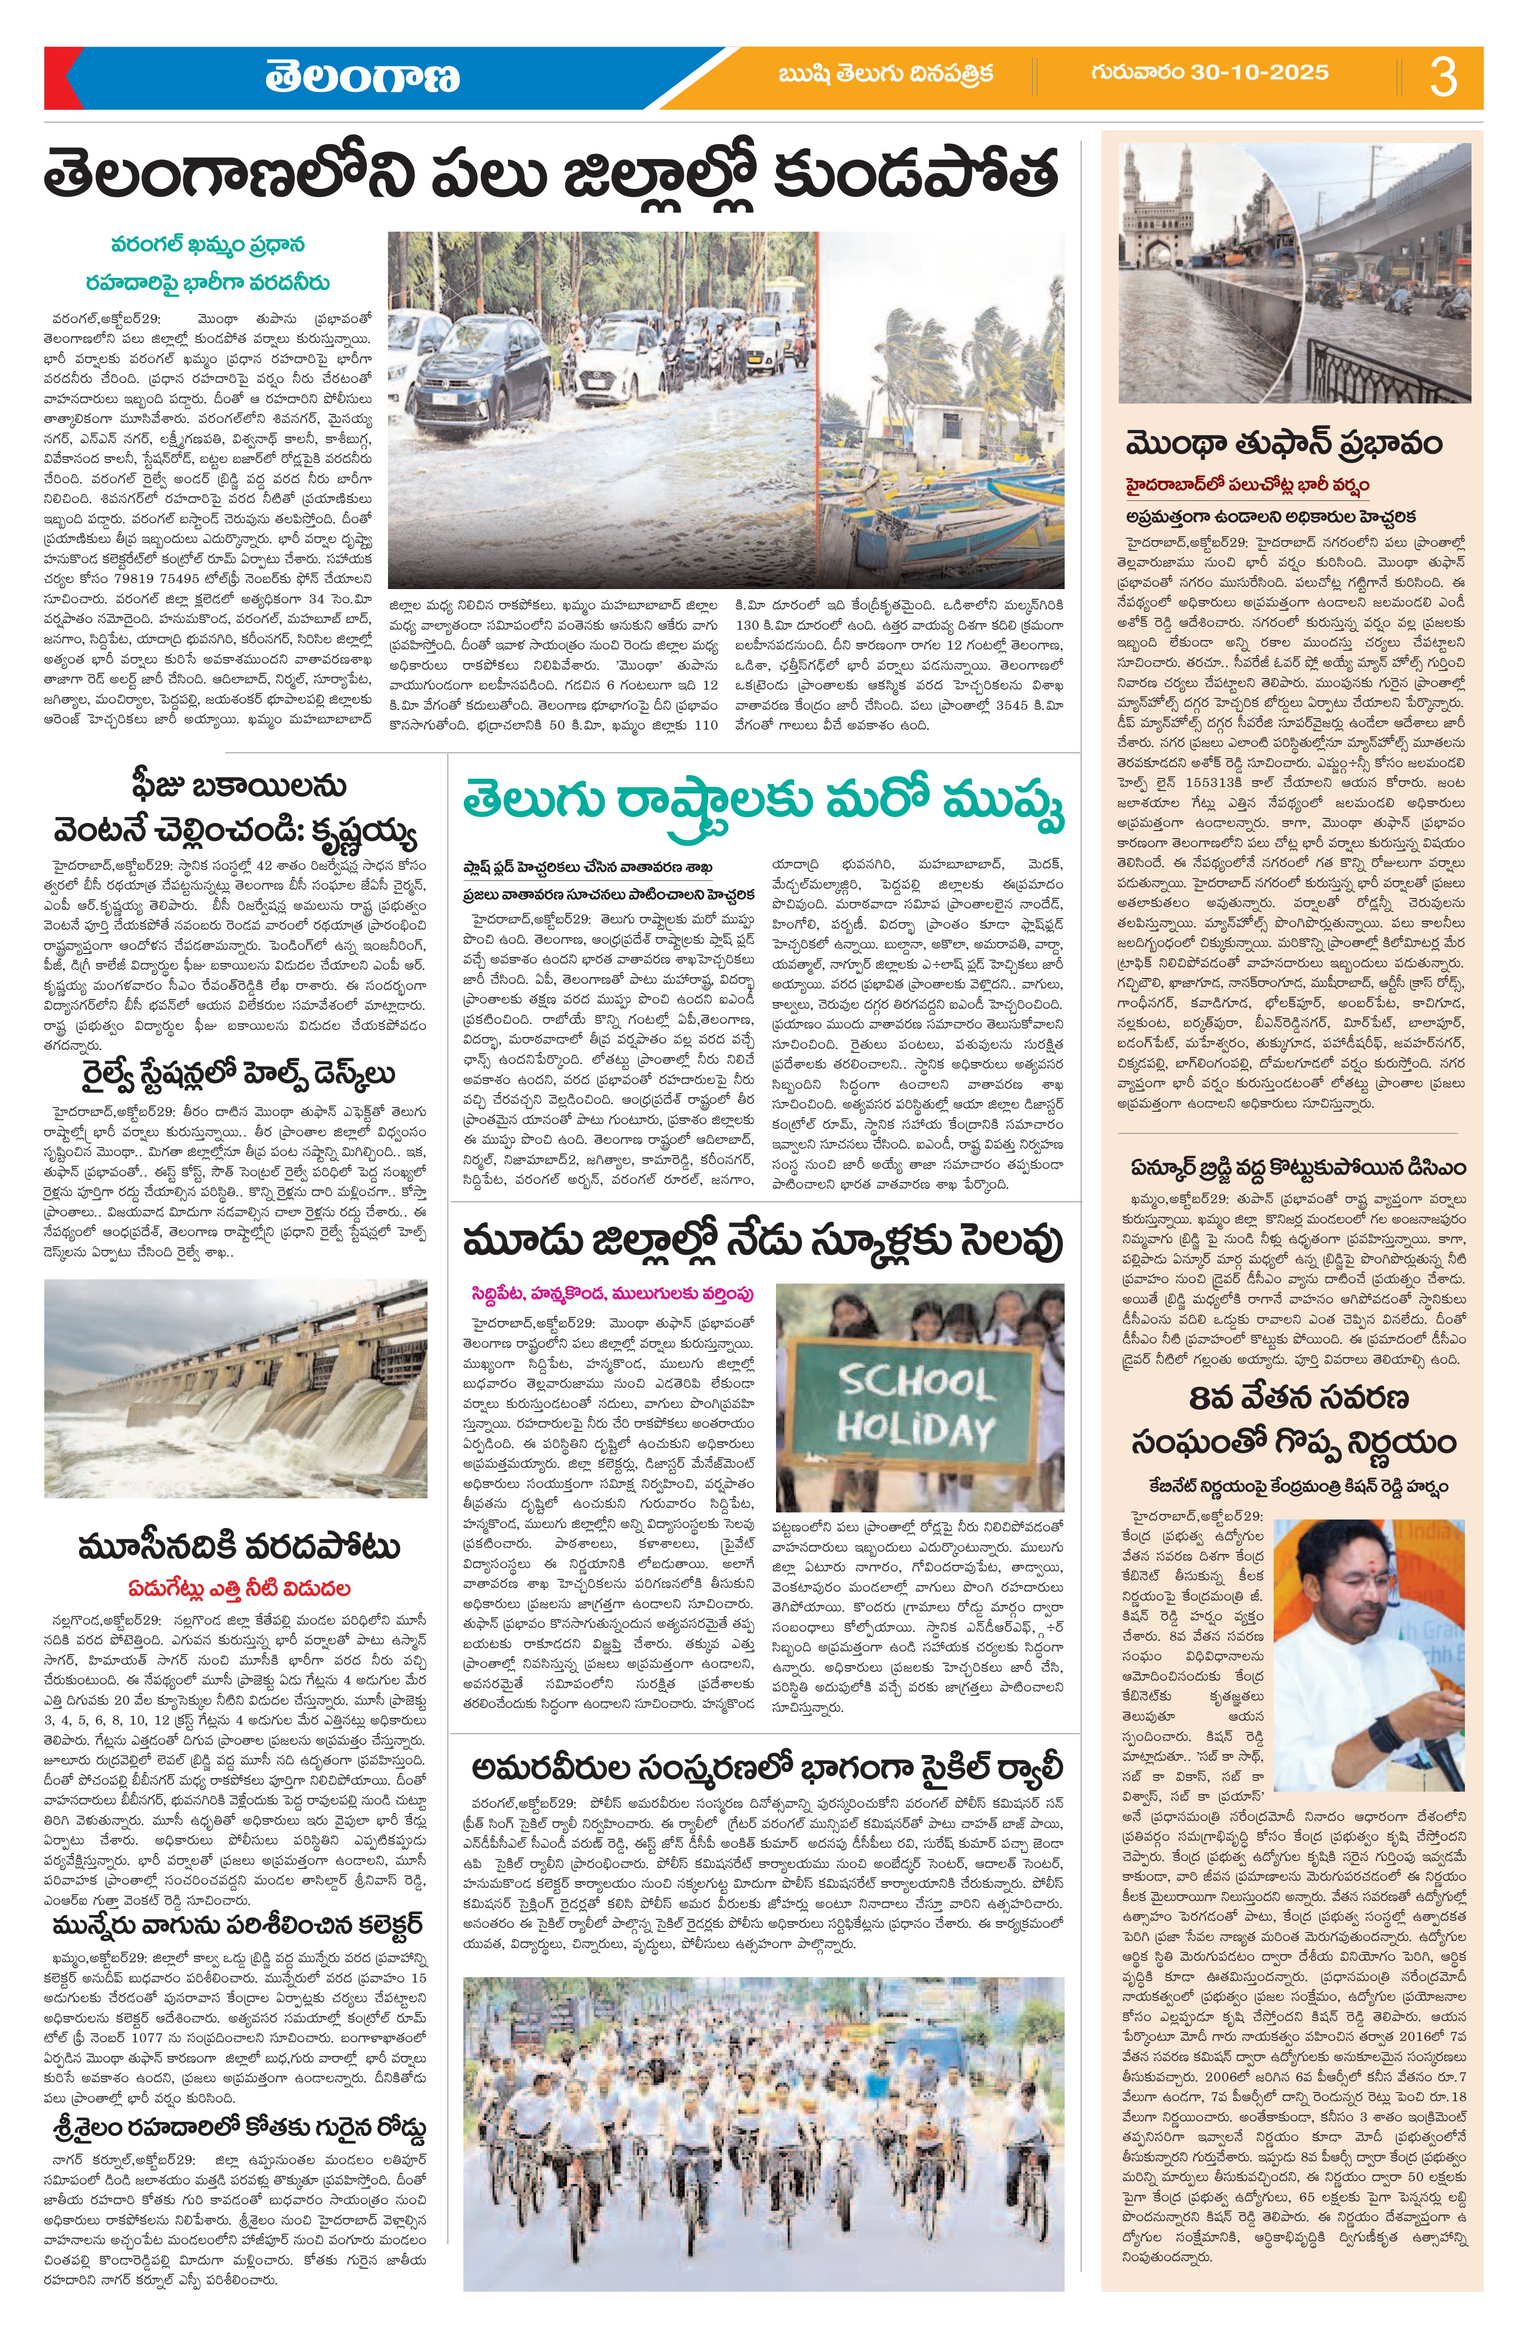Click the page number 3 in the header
coord(1443,77)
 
